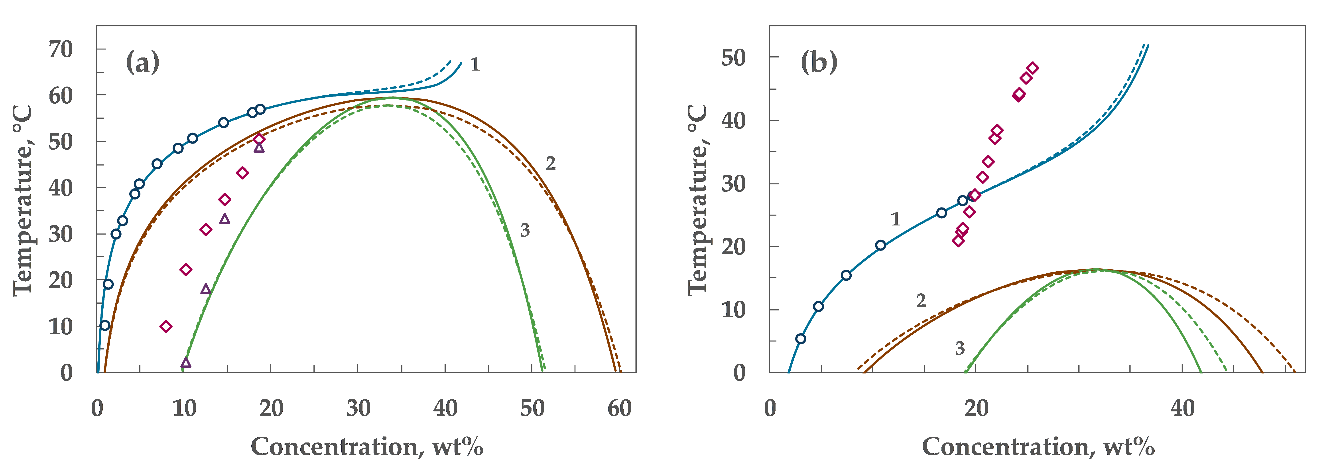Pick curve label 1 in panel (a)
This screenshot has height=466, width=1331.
pos(475,65)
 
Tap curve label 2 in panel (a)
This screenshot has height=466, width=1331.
pos(551,164)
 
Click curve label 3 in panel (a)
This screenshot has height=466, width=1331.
pos(524,230)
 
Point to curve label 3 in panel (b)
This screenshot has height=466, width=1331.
pos(959,349)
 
